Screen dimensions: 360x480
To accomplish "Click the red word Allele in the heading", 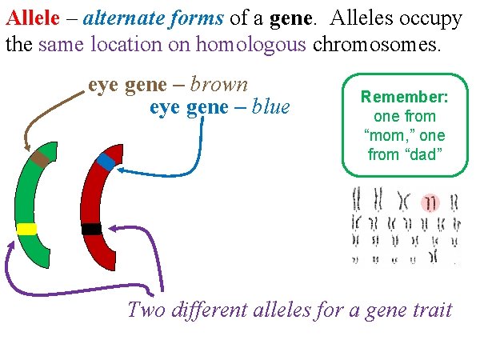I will coord(28,18).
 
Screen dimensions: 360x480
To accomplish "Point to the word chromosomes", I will coord(375,44).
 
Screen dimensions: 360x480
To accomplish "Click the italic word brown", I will coord(219,85).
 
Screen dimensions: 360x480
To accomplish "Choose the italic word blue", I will coord(270,106).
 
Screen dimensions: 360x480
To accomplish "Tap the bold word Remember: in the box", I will coord(403,98).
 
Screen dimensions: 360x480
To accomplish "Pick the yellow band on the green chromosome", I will coord(26,229).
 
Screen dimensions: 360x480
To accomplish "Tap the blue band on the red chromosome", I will coord(106,162).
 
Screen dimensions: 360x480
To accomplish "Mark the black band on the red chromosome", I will coord(91,229).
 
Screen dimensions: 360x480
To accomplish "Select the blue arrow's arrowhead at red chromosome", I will coord(121,170).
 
